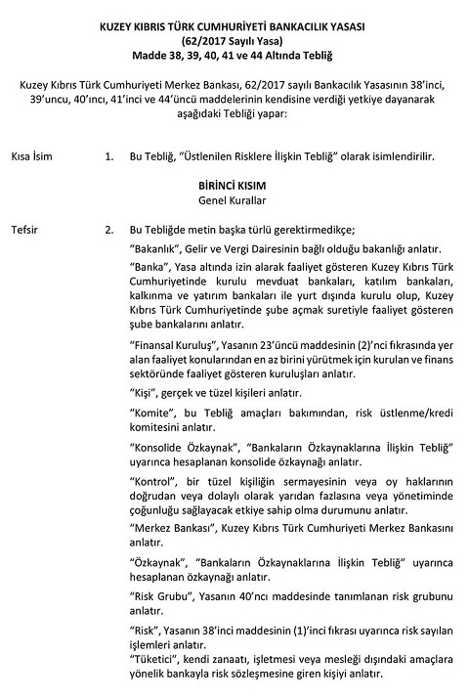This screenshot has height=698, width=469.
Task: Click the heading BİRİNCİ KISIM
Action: pyautogui.click(x=234, y=184)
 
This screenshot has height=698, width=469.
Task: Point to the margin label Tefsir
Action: pyautogui.click(x=25, y=230)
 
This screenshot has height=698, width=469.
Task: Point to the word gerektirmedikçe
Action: pyautogui.click(x=280, y=230)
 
